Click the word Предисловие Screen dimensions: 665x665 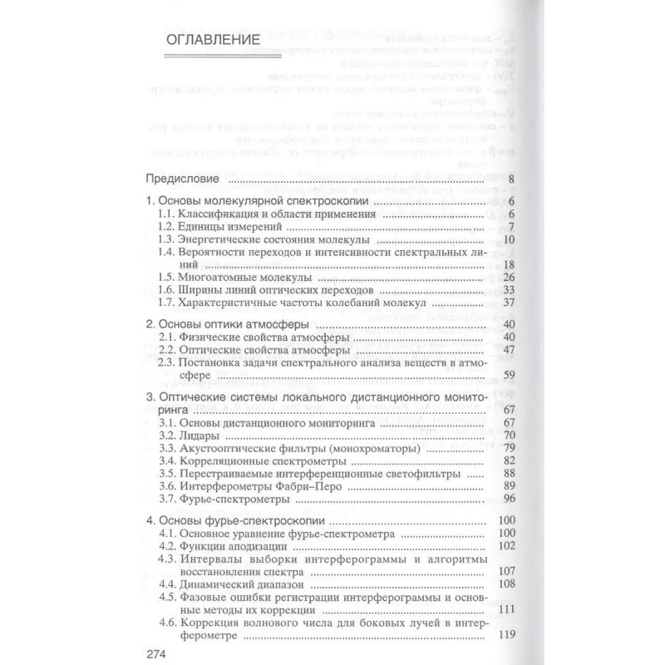pos(182,179)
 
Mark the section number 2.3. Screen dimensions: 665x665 pos(168,362)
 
